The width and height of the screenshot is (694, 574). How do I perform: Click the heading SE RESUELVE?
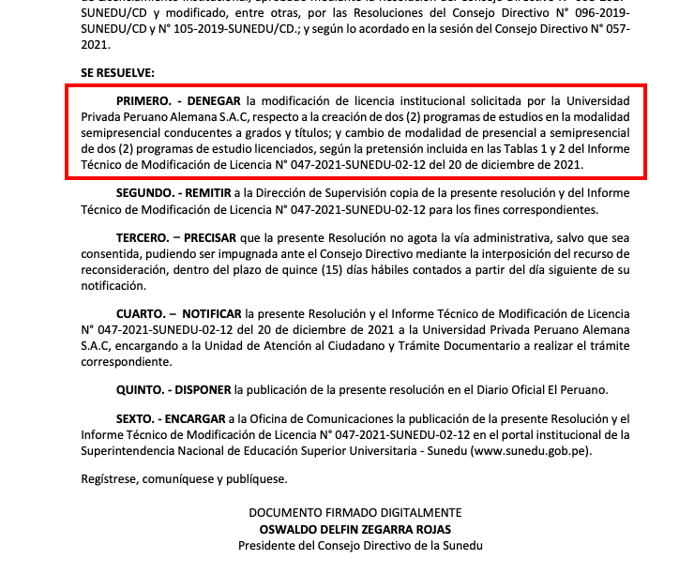coord(117,72)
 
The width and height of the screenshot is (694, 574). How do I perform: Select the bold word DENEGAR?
coord(215,99)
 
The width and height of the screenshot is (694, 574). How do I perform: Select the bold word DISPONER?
coord(203,388)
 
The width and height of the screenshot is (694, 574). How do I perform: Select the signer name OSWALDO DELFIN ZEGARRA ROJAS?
coord(355,528)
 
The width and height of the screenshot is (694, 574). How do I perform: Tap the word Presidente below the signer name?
coord(266,544)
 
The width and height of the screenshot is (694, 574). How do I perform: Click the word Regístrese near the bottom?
coord(109,480)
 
